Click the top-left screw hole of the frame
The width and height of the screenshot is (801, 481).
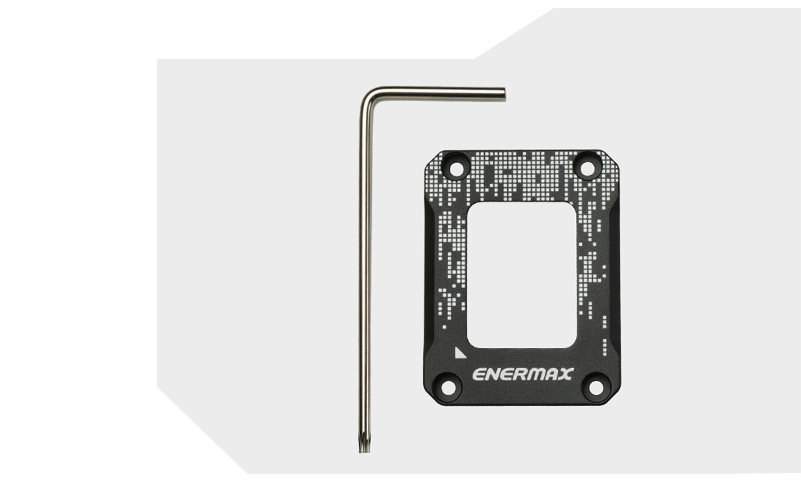pos(456,168)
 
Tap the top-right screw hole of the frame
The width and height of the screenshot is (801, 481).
pos(587,168)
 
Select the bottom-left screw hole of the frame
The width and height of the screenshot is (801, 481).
pos(447,387)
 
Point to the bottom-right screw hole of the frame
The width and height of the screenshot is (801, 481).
pos(595,387)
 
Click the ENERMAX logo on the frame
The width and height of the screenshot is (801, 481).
pos(523,374)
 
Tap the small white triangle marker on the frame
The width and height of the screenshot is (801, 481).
pos(459,353)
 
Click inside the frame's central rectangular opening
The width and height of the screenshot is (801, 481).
pos(521,275)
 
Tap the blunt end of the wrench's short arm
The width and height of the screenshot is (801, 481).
pos(503,95)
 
